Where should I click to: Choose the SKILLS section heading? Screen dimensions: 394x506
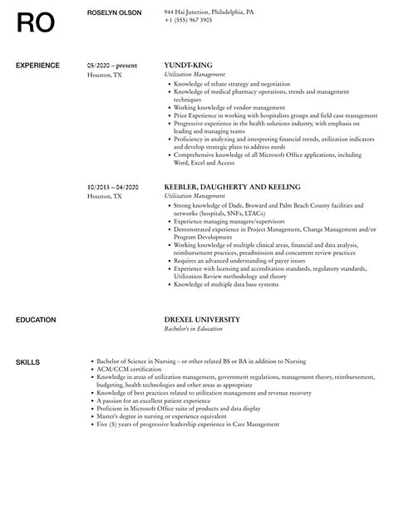[27, 338]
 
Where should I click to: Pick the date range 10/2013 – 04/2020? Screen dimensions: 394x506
[113, 187]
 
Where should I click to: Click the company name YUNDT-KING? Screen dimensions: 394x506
[190, 63]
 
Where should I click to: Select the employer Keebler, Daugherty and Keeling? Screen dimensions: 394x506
[232, 187]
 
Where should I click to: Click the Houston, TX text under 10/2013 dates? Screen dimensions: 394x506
[105, 196]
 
